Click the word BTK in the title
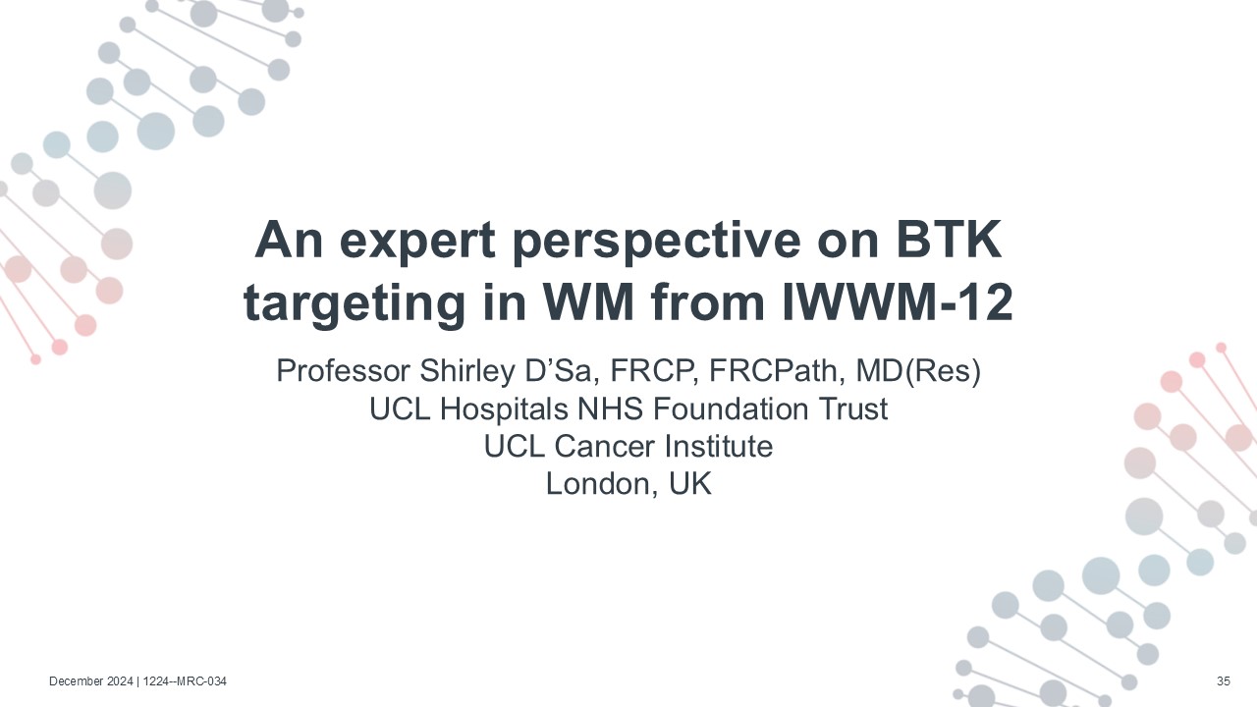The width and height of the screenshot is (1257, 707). (948, 240)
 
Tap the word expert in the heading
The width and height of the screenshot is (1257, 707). (417, 242)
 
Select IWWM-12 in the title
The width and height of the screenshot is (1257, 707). (897, 302)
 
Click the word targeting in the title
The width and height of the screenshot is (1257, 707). (355, 304)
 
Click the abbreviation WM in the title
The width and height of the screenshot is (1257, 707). (587, 302)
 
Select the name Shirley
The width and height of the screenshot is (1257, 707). (466, 371)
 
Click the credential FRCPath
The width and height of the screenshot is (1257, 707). (773, 371)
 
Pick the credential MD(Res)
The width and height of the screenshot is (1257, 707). (918, 371)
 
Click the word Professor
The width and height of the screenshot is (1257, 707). (343, 371)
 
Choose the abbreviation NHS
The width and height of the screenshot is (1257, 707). (610, 408)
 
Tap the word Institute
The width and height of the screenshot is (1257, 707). (719, 447)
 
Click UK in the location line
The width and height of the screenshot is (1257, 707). (690, 484)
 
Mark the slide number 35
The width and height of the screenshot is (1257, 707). (1224, 681)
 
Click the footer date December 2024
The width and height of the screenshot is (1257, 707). (91, 681)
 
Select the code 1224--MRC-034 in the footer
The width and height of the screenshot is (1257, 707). (185, 681)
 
